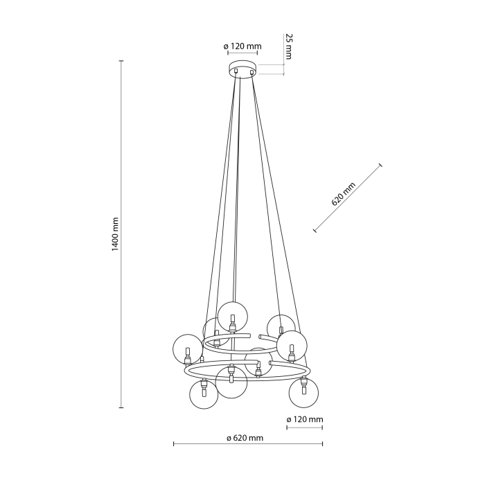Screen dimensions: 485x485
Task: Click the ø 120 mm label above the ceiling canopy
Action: click(242, 46)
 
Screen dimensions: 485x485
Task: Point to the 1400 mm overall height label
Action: click(115, 235)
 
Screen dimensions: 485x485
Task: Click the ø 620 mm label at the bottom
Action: click(245, 438)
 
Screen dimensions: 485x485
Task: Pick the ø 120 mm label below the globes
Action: click(305, 420)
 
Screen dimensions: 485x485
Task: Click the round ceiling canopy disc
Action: click(242, 69)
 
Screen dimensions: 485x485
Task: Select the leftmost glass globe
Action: click(187, 349)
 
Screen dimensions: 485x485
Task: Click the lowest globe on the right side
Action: click(303, 392)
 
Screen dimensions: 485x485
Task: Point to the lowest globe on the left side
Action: click(204, 394)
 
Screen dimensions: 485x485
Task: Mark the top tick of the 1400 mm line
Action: click(122, 61)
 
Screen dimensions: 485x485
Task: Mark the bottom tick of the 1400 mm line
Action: click(122, 408)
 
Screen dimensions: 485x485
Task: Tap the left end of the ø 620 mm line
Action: click(173, 444)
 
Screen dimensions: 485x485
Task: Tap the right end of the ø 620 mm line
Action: click(323, 444)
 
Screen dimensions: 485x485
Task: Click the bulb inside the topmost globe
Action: click(232, 323)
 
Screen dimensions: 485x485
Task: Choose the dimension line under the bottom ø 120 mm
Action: click(304, 427)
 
